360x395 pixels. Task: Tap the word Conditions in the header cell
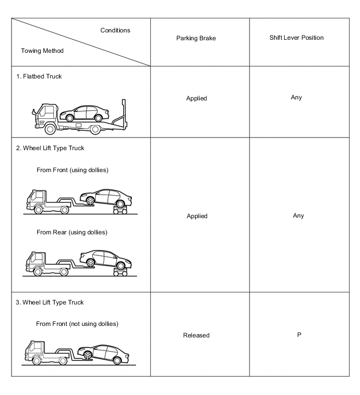click(115, 30)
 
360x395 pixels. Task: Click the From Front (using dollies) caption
click(72, 170)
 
